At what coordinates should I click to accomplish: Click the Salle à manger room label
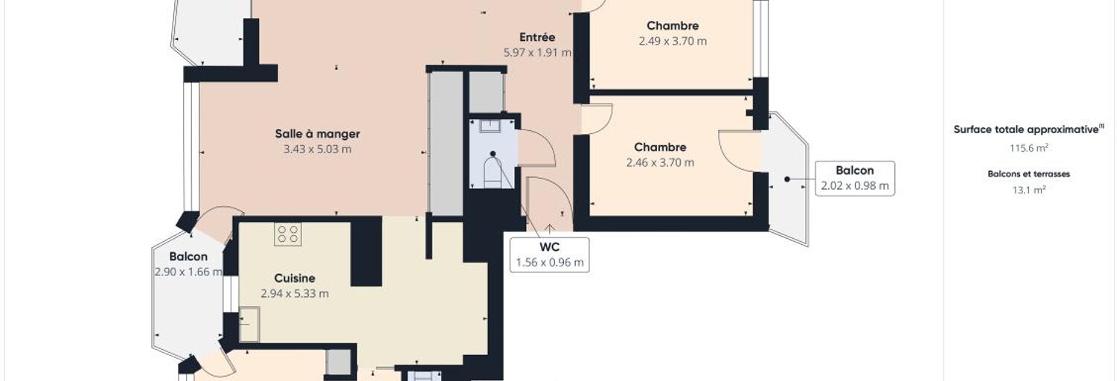click(x=317, y=134)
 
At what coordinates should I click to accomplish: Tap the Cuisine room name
click(x=295, y=278)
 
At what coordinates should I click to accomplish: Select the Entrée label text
click(x=537, y=37)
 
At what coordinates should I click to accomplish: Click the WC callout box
click(x=550, y=255)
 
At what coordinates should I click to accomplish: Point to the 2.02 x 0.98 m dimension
click(x=855, y=186)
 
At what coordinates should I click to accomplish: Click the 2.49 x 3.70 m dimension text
click(x=673, y=41)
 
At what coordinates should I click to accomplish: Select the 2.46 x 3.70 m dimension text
click(x=660, y=162)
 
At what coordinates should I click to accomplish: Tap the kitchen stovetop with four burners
click(x=288, y=234)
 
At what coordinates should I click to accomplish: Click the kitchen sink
click(x=249, y=324)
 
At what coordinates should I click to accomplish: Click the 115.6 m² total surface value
click(x=1028, y=148)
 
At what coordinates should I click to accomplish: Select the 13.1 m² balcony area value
click(x=1028, y=190)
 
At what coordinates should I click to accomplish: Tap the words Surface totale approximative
click(x=1026, y=129)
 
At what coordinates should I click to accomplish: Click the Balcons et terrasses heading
click(x=1028, y=174)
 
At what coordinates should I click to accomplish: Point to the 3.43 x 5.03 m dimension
click(x=317, y=149)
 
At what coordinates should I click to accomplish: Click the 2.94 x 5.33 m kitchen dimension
click(x=295, y=294)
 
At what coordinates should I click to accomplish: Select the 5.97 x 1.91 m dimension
click(x=537, y=52)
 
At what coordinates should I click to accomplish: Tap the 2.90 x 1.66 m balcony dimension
click(x=188, y=272)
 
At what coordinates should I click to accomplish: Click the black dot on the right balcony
click(x=787, y=179)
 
